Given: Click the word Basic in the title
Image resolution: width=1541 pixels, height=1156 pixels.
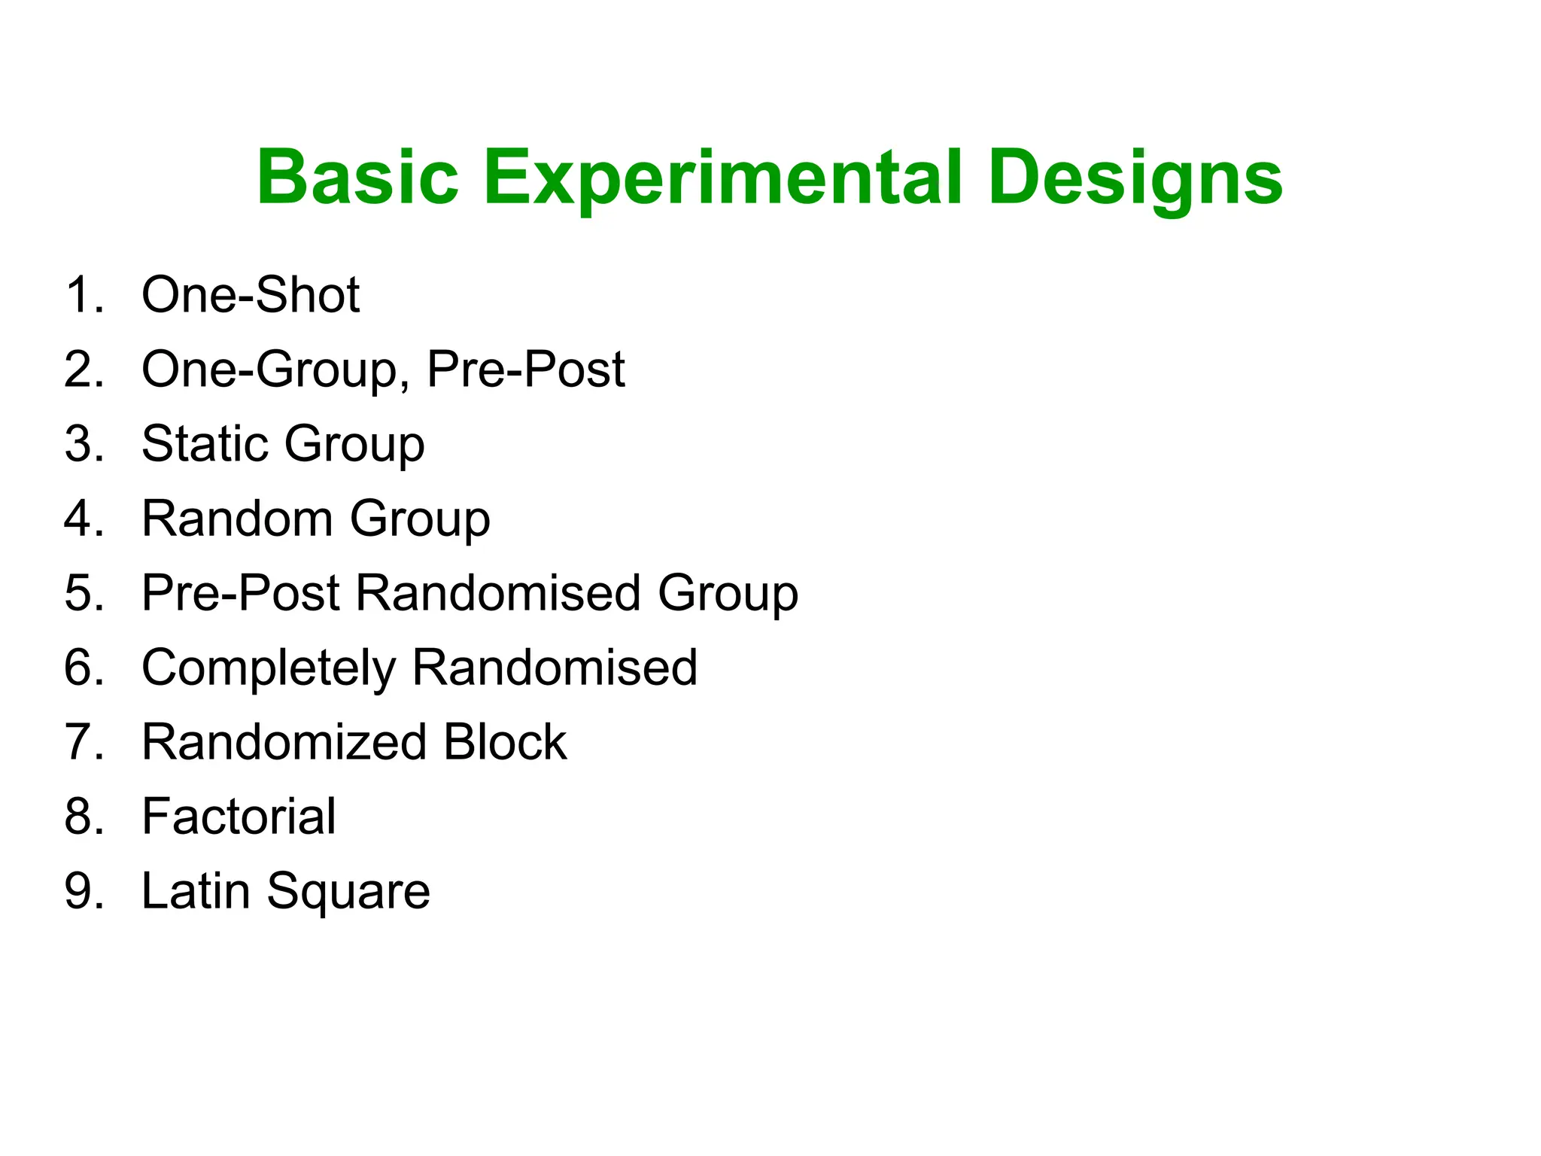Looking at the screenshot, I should pos(357,178).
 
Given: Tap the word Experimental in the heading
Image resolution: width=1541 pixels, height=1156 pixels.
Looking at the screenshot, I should pos(722,178).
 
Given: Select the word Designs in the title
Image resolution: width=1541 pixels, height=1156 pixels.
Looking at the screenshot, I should pos(1135,178).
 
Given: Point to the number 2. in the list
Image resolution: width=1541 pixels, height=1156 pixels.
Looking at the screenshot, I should pos(84,370).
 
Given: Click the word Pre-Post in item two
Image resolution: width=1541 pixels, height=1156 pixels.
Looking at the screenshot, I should pos(525,370).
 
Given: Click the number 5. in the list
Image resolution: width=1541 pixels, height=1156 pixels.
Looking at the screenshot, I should pos(84,593).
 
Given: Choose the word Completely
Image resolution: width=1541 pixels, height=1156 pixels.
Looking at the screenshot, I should pos(269,668).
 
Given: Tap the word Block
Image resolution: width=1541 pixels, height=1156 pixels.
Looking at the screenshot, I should pos(505,742).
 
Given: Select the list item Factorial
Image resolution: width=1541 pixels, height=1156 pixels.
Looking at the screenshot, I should pos(239,817).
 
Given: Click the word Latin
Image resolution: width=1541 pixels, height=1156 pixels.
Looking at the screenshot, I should pos(195,891).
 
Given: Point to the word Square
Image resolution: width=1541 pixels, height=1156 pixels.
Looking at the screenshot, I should pos(348,891).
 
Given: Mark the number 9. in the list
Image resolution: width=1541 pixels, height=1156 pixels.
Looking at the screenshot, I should pos(84,891).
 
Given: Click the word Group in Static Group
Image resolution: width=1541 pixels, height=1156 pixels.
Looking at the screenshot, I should pos(354,443).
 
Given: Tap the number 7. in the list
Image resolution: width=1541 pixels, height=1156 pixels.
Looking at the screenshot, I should pos(84,742).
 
